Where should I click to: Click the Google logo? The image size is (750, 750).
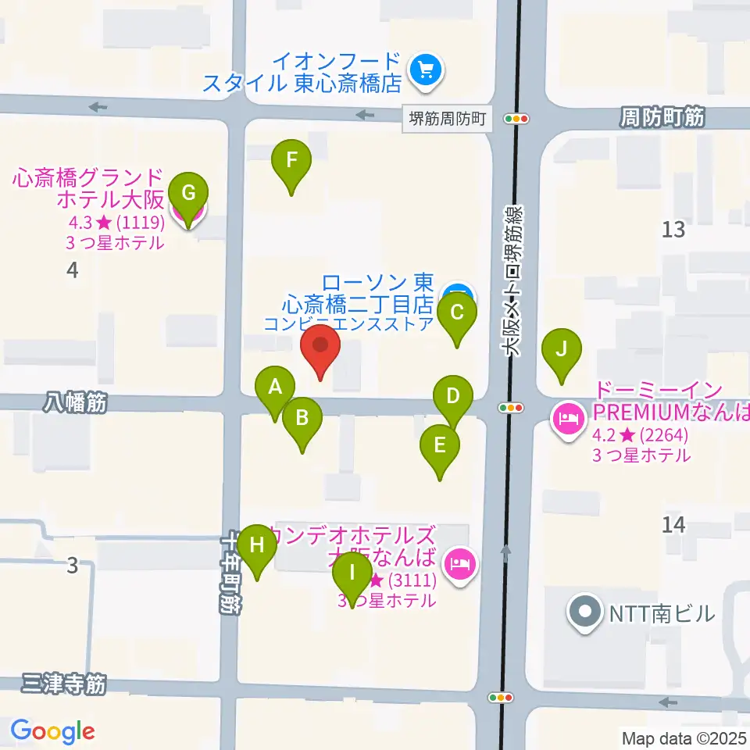pyautogui.click(x=52, y=730)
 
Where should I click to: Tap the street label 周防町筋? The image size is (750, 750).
pyautogui.click(x=662, y=118)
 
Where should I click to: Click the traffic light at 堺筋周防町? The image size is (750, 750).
pyautogui.click(x=517, y=119)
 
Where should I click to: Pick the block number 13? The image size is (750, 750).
pyautogui.click(x=673, y=229)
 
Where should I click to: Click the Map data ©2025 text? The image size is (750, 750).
pyautogui.click(x=683, y=737)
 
